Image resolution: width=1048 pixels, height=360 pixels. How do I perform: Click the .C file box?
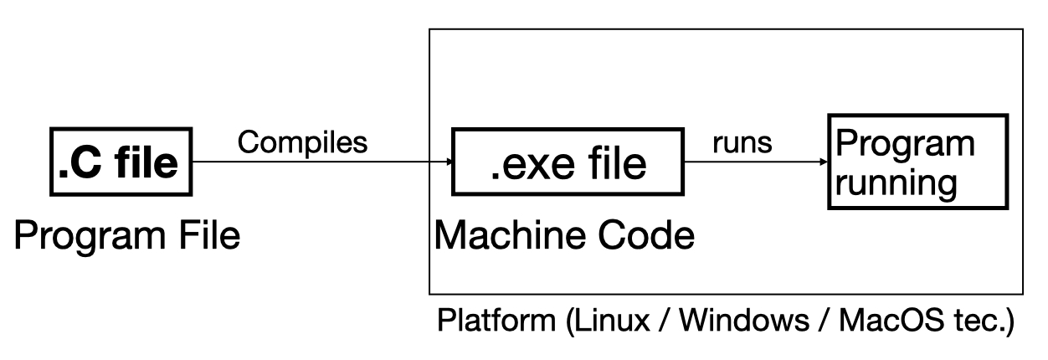(119, 162)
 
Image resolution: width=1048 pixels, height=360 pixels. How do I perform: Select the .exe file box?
(568, 162)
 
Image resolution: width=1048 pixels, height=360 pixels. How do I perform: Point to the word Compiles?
(302, 142)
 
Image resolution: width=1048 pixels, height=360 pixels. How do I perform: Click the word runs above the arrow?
(742, 142)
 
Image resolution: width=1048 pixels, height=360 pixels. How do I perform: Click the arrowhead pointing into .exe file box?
(444, 163)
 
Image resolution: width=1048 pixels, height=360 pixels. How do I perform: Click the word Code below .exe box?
(651, 237)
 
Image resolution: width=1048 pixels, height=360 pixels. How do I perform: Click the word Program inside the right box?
(901, 144)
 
